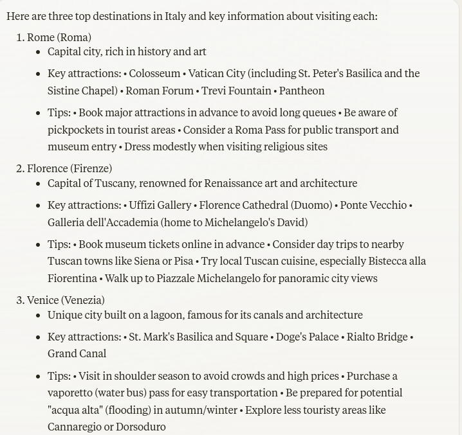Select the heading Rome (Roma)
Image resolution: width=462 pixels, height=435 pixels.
click(59, 37)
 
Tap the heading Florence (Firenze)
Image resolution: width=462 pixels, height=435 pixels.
click(69, 168)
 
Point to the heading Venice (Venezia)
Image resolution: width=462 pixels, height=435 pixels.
click(66, 300)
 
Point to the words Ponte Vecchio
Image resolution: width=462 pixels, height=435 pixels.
click(373, 205)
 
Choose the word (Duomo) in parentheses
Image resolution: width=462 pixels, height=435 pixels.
click(311, 205)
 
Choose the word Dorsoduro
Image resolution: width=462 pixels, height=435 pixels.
click(140, 427)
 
